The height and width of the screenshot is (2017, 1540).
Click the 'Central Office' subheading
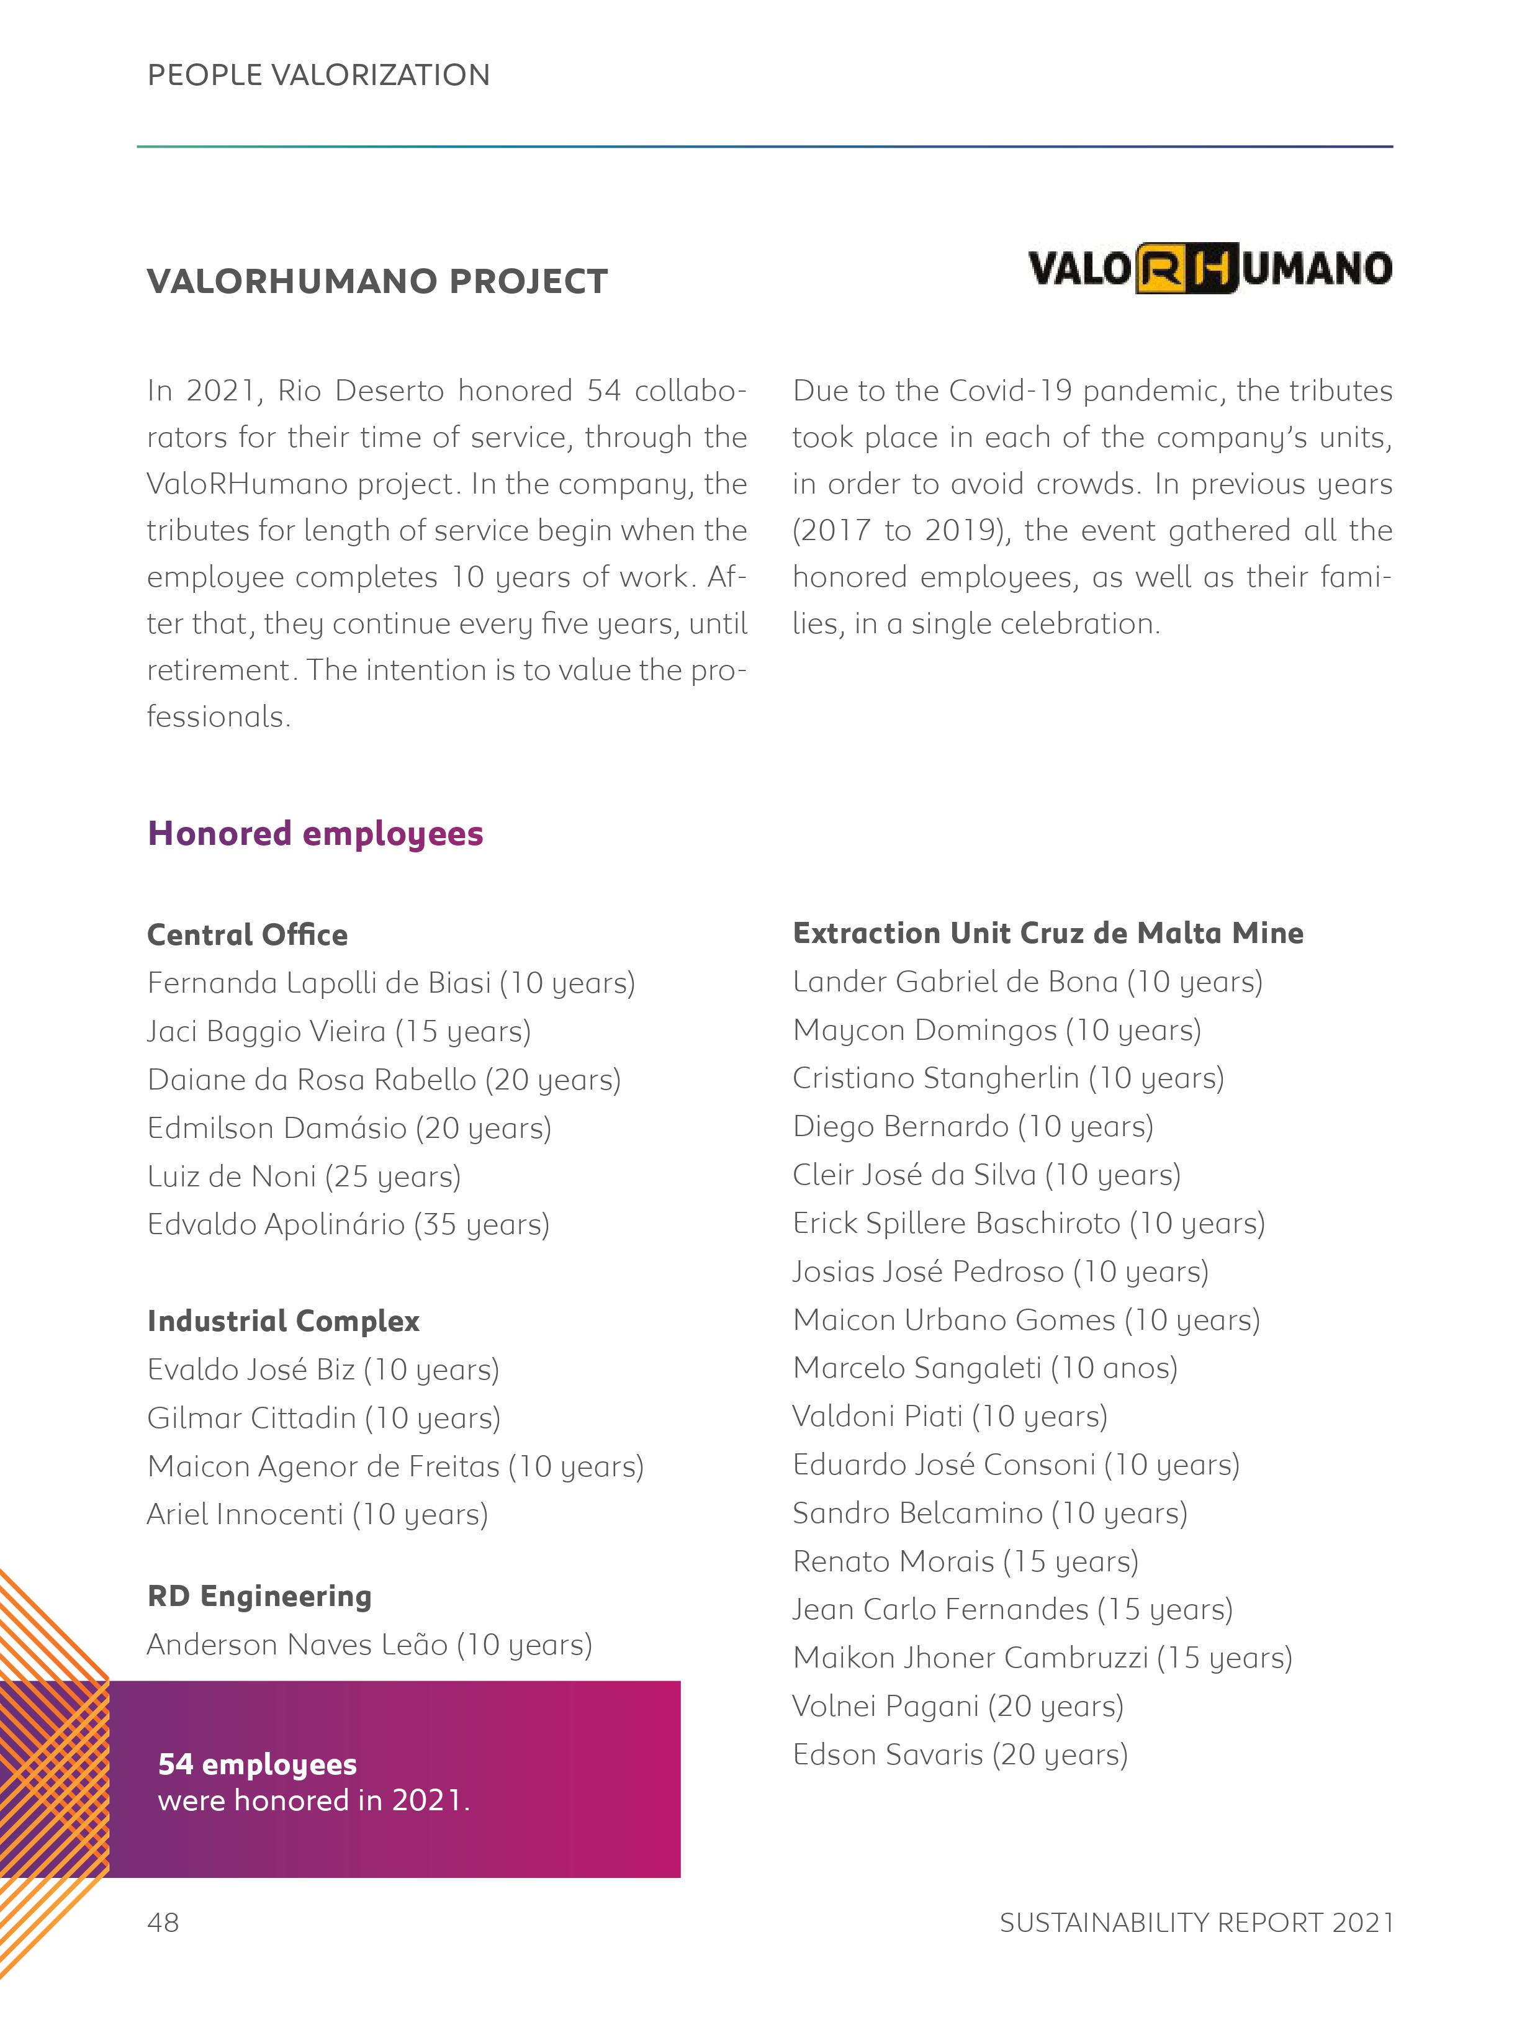coord(248,934)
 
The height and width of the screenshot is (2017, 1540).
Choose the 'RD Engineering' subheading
coord(259,1595)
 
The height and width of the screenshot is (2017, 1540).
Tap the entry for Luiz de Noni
coord(304,1176)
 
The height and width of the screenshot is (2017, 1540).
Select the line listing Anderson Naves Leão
coord(369,1644)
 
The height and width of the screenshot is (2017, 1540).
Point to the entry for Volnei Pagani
coord(958,1705)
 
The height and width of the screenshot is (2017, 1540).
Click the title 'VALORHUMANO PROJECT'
coord(377,281)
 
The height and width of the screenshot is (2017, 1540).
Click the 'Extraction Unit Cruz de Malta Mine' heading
coord(1048,932)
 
